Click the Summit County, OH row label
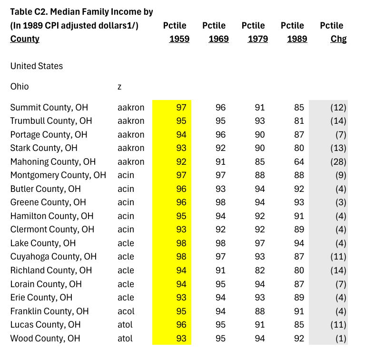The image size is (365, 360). (49, 107)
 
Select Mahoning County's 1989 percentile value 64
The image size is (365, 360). (299, 161)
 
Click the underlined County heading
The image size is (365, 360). (25, 39)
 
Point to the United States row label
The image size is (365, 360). (37, 66)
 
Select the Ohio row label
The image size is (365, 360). (20, 86)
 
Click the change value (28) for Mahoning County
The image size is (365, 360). (338, 161)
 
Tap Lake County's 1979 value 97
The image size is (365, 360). (259, 243)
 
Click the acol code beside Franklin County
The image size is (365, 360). (126, 311)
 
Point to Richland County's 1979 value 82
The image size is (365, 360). (259, 270)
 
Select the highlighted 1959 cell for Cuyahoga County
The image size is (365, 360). (181, 256)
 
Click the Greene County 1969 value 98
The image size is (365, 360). (220, 202)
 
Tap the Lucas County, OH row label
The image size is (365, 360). (46, 324)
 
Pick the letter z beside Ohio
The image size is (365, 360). (119, 86)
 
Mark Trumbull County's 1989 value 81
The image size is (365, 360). (299, 120)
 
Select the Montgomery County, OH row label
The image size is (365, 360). (58, 175)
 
